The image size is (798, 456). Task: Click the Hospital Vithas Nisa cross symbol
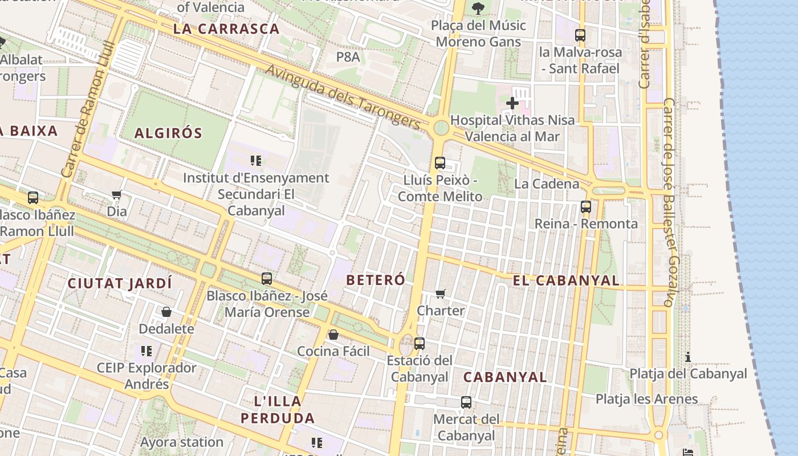pyautogui.click(x=512, y=103)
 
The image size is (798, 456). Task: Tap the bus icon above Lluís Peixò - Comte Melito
pyautogui.click(x=439, y=163)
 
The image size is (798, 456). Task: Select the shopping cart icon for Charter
pyautogui.click(x=440, y=294)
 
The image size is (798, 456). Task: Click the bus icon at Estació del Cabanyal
pyautogui.click(x=420, y=344)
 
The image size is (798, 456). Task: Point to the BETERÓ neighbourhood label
pyautogui.click(x=376, y=280)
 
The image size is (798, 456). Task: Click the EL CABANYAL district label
pyautogui.click(x=565, y=280)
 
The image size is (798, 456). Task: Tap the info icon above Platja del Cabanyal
pyautogui.click(x=688, y=357)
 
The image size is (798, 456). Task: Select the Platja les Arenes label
pyautogui.click(x=646, y=399)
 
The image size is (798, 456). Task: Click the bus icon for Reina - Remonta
pyautogui.click(x=585, y=207)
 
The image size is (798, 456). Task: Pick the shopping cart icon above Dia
pyautogui.click(x=117, y=195)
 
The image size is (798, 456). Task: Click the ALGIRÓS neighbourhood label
pyautogui.click(x=168, y=133)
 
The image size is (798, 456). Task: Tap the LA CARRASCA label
pyautogui.click(x=226, y=29)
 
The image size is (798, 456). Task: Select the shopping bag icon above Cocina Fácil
pyautogui.click(x=333, y=335)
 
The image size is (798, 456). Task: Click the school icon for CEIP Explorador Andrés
pyautogui.click(x=146, y=351)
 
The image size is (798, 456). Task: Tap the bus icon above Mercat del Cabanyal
pyautogui.click(x=466, y=402)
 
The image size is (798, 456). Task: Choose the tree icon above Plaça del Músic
pyautogui.click(x=478, y=8)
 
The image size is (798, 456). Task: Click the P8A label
pyautogui.click(x=348, y=57)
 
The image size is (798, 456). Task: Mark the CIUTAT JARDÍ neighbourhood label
pyautogui.click(x=120, y=283)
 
